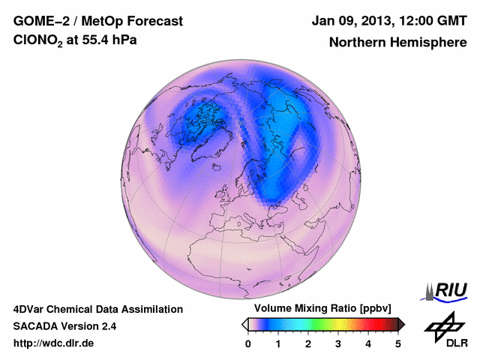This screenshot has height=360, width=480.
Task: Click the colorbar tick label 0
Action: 248,343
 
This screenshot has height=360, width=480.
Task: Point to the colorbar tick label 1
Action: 278,343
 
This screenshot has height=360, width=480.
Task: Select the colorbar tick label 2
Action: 308,343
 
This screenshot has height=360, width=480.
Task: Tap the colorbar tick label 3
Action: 338,343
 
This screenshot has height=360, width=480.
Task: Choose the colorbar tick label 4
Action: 368,343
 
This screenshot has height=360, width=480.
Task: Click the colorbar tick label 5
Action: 398,343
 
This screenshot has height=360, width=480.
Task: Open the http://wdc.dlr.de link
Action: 54,343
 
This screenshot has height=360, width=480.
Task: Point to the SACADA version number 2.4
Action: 107,326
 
